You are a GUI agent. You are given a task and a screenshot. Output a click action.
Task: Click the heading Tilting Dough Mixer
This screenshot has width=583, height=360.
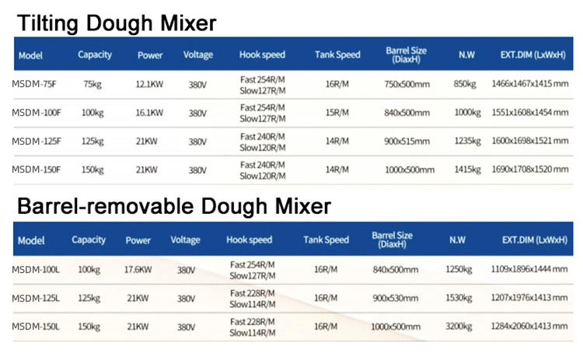[x=117, y=23]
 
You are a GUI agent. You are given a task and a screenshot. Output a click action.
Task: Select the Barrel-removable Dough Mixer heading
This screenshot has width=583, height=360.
[x=174, y=206]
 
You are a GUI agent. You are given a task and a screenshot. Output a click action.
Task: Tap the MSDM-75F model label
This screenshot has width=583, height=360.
[x=34, y=84]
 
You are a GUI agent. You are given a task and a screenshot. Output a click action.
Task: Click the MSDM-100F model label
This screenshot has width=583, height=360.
[x=37, y=113]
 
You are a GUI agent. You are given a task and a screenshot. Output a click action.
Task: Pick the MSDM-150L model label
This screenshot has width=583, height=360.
[x=36, y=327]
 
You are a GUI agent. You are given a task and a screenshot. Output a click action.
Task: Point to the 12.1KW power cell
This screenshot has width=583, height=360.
[x=149, y=84]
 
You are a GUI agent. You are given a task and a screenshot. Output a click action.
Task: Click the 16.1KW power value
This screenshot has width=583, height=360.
[x=149, y=113]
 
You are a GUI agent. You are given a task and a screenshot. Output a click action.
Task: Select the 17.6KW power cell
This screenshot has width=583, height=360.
[x=138, y=270]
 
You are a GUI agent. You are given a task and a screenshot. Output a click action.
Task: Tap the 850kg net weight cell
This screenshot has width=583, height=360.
[x=465, y=84]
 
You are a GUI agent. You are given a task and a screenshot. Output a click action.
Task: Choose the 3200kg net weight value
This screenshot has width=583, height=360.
[x=459, y=327]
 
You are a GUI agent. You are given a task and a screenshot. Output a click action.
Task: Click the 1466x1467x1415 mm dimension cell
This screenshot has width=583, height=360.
[x=530, y=84]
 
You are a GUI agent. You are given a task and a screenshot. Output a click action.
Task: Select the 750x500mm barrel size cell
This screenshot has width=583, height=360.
[x=407, y=84]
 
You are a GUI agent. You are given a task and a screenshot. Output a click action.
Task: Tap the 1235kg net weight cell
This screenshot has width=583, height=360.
[x=468, y=142]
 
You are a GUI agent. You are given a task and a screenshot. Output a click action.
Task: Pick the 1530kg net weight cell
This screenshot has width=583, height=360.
[x=459, y=299]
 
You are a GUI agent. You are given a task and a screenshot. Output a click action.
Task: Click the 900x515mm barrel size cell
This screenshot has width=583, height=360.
[x=407, y=142]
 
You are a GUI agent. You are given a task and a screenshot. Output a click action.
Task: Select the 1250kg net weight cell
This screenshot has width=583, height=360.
[x=459, y=270]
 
